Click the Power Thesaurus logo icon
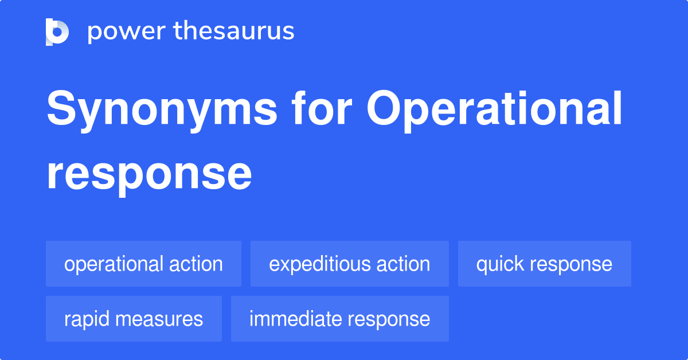click(57, 32)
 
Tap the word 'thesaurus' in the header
click(234, 32)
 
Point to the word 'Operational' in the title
click(495, 110)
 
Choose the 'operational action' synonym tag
click(143, 264)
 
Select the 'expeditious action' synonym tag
click(349, 264)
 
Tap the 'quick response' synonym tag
click(544, 264)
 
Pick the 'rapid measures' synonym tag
click(134, 319)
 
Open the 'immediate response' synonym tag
click(339, 319)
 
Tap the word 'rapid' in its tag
click(85, 319)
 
